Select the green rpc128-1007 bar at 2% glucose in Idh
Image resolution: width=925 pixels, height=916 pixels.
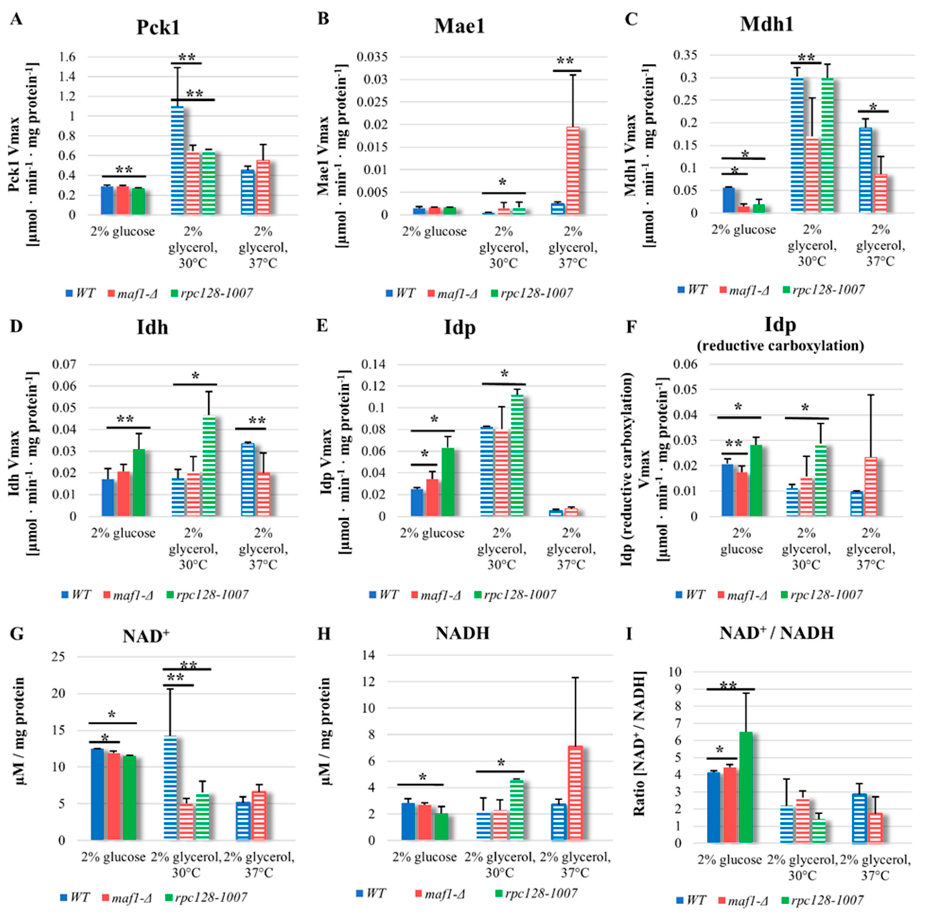tap(139, 483)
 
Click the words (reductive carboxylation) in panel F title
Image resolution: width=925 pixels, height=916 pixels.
tap(780, 346)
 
